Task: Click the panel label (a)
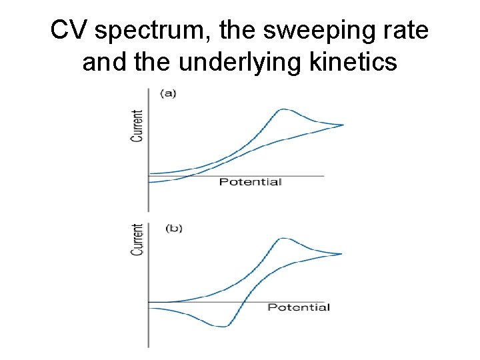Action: point(168,93)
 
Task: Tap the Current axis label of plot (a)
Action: point(137,126)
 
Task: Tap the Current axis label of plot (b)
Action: point(137,239)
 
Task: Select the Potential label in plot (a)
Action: point(250,182)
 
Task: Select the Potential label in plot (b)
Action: point(298,307)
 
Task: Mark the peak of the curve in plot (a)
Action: point(285,109)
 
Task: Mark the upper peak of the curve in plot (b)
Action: point(285,238)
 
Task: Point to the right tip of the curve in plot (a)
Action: point(343,125)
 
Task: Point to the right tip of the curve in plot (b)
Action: point(341,253)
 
